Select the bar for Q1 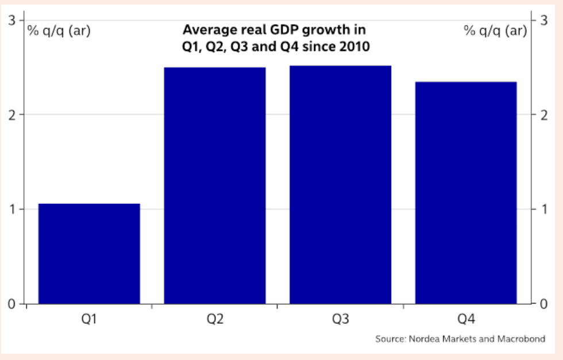point(89,253)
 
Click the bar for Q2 point(215,185)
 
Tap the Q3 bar point(340,184)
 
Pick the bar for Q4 point(466,192)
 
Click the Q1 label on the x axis point(89,319)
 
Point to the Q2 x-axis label point(215,319)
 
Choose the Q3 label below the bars point(340,319)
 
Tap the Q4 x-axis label point(466,319)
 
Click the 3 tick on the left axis point(12,21)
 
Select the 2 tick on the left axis point(12,115)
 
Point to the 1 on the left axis point(12,209)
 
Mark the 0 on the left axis point(12,304)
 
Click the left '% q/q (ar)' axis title point(59,30)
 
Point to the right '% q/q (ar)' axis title point(495,30)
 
